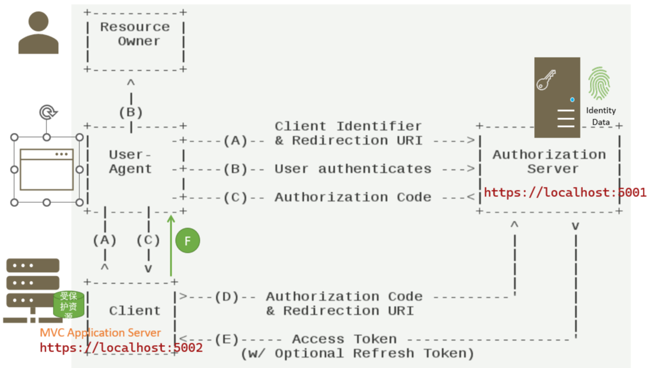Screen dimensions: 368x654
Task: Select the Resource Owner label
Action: [x=135, y=34]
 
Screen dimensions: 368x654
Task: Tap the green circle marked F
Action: [x=187, y=241]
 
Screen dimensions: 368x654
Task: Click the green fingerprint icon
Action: [x=599, y=83]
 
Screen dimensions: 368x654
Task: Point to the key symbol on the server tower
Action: [x=546, y=80]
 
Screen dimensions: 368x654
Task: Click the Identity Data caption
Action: [x=601, y=116]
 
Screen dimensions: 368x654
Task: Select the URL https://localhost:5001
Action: [x=565, y=192]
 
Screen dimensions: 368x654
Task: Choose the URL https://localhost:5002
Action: [x=121, y=347]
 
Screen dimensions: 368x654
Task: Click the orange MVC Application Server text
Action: [x=100, y=333]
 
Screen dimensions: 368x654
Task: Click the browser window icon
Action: [x=46, y=170]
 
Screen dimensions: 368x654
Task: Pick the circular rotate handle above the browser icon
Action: [x=46, y=112]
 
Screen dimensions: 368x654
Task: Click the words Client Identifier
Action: [x=348, y=126]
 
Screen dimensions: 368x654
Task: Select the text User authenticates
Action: [x=353, y=169]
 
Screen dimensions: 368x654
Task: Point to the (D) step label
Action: [x=227, y=297]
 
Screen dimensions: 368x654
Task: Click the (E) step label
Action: [x=227, y=339]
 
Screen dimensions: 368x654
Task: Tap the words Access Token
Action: [x=344, y=339]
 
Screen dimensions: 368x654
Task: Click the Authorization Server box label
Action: [x=549, y=162]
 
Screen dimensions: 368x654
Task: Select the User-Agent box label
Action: [x=130, y=162]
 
